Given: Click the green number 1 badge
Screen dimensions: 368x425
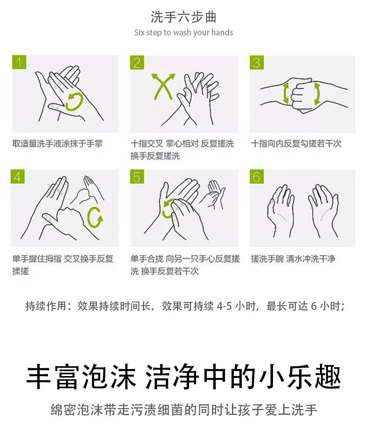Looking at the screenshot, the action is (x=19, y=62).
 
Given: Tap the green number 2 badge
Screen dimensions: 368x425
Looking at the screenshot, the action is (x=137, y=62).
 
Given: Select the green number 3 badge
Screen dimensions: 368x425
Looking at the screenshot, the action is (x=256, y=62).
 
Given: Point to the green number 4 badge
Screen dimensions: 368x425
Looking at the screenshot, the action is (x=18, y=177).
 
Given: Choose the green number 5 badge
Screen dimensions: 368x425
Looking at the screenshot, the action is (x=137, y=177).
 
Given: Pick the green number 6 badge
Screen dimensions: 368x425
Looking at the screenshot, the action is (x=256, y=177).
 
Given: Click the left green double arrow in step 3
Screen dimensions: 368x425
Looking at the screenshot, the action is (x=286, y=93).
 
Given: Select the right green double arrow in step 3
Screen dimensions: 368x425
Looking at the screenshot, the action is (x=317, y=94).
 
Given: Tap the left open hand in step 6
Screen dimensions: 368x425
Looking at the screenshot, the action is (x=281, y=210).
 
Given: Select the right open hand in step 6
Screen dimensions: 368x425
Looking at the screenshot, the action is (x=323, y=210).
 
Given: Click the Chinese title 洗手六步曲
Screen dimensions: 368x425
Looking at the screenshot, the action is (x=184, y=17).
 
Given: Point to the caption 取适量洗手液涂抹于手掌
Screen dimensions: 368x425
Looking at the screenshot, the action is (x=57, y=144).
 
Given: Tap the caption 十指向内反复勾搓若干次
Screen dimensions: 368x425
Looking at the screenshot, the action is (x=296, y=144).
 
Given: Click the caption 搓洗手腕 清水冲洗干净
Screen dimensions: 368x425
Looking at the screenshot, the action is (x=293, y=259).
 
